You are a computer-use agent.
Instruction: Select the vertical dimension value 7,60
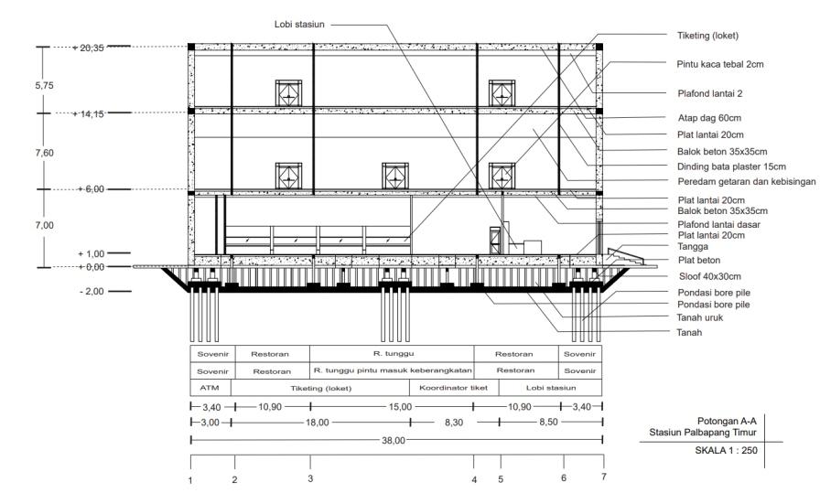43,154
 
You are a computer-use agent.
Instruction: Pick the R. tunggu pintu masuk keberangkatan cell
393,370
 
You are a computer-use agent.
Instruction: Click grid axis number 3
310,478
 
